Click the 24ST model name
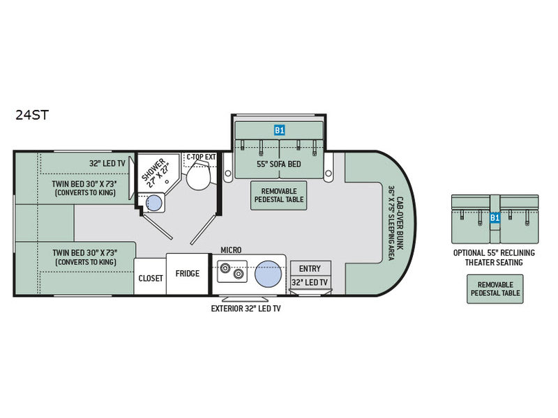pos(32,115)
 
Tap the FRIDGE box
pos(187,274)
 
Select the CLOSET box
pos(150,277)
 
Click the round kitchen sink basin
pos(269,274)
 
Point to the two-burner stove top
pos(232,272)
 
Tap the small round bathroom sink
pos(154,203)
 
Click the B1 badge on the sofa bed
pos(280,130)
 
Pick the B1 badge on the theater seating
pos(495,217)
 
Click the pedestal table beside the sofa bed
pos(278,196)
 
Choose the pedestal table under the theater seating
pos(495,289)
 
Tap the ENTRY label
pos(310,269)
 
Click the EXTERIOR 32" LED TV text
pos(246,309)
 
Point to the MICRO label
pos(231,250)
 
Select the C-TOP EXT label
pos(201,157)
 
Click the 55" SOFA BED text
pos(279,164)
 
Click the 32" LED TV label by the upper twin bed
pos(107,163)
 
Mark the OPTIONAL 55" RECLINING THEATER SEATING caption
pos(494,258)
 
